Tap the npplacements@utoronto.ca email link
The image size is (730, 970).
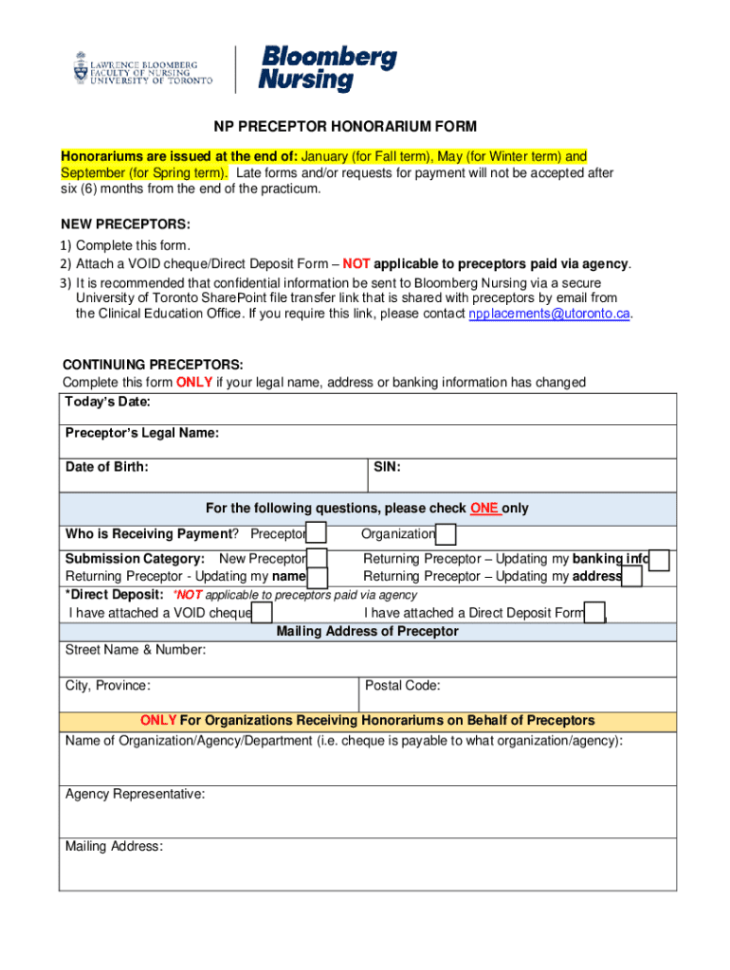(x=549, y=314)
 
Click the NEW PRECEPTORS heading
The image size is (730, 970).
(x=126, y=225)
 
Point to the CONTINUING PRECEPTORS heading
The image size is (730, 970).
(x=153, y=365)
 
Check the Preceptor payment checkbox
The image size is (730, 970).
(x=317, y=534)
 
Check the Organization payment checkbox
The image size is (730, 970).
(x=446, y=534)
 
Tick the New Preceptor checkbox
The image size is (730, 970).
(x=318, y=559)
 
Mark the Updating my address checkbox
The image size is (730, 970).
(x=632, y=577)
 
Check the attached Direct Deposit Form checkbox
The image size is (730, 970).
(x=595, y=614)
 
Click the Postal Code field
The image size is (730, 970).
(x=518, y=693)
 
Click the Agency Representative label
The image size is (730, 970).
(x=135, y=794)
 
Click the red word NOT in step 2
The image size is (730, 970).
(x=356, y=263)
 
